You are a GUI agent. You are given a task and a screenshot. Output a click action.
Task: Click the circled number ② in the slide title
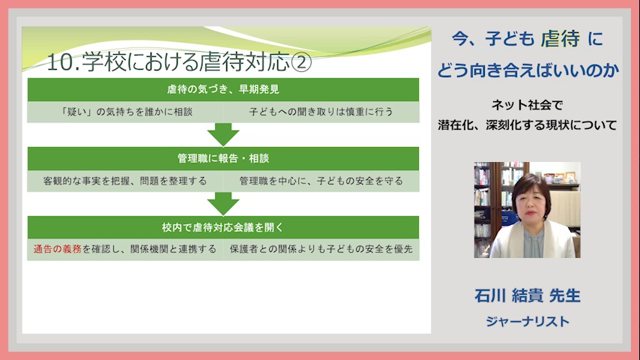pos(301,62)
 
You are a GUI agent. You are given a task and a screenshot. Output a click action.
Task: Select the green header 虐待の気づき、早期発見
pos(223,89)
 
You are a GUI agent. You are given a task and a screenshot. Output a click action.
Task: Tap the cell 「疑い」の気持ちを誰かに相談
pos(125,112)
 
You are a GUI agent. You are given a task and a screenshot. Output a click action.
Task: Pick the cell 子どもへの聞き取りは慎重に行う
pos(321,112)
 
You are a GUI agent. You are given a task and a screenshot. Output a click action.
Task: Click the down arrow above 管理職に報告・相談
pos(223,134)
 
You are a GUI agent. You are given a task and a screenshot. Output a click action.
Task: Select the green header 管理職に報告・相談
pos(223,158)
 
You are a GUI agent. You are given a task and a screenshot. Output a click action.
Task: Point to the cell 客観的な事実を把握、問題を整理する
pos(125,181)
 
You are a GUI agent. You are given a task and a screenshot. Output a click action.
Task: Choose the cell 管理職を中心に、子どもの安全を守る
pos(321,181)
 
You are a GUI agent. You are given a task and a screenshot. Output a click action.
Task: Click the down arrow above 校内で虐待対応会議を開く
pos(223,203)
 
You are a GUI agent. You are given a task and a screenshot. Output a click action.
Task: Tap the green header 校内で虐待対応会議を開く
pos(223,227)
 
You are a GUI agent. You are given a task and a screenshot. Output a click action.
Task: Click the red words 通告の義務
pos(58,249)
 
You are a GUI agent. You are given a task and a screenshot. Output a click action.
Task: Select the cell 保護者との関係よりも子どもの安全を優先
pos(321,249)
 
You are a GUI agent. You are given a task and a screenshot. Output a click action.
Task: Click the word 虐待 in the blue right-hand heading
pos(560,39)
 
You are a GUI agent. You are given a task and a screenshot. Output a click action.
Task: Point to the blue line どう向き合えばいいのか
pos(528,70)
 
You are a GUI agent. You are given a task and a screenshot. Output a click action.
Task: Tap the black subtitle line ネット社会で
pos(528,105)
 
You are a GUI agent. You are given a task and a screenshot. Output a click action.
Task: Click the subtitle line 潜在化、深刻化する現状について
pos(528,124)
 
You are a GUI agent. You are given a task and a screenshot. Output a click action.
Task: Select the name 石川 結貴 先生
pos(528,295)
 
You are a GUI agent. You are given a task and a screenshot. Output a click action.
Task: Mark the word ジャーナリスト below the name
pos(528,322)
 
